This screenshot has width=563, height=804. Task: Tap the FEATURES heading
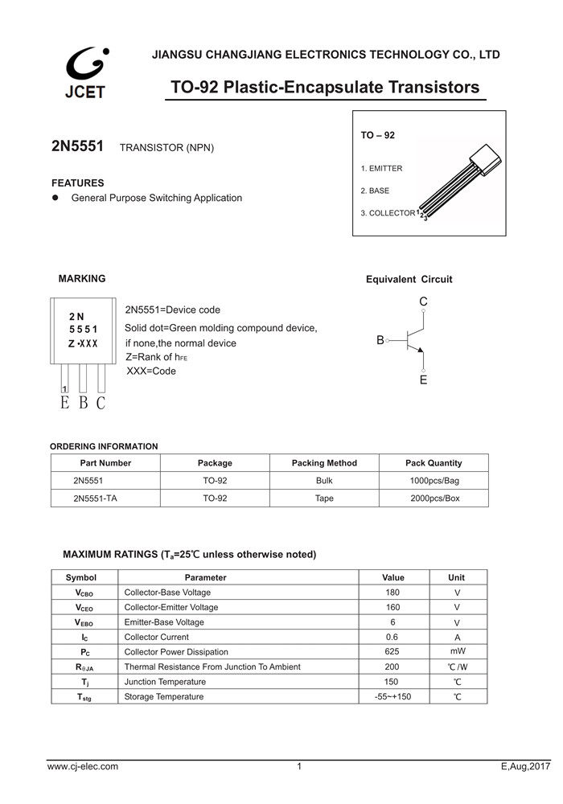[x=78, y=183]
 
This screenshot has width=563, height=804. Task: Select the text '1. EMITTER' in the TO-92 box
[x=381, y=169]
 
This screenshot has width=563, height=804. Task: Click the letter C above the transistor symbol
[x=424, y=301]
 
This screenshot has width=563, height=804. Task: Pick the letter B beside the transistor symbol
[x=380, y=341]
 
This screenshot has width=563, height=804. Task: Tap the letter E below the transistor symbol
[x=424, y=380]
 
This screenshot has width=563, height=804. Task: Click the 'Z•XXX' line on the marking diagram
[x=83, y=343]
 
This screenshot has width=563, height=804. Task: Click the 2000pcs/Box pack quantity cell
[x=434, y=498]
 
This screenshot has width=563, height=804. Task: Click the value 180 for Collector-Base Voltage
[x=392, y=593]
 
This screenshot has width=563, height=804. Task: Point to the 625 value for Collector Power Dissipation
[x=392, y=652]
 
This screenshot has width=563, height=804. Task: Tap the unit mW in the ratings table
[x=457, y=652]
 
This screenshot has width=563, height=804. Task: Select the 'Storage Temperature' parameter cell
[x=164, y=696]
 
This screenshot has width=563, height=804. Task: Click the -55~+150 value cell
[x=392, y=696]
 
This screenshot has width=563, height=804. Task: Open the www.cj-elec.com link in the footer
[x=83, y=767]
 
